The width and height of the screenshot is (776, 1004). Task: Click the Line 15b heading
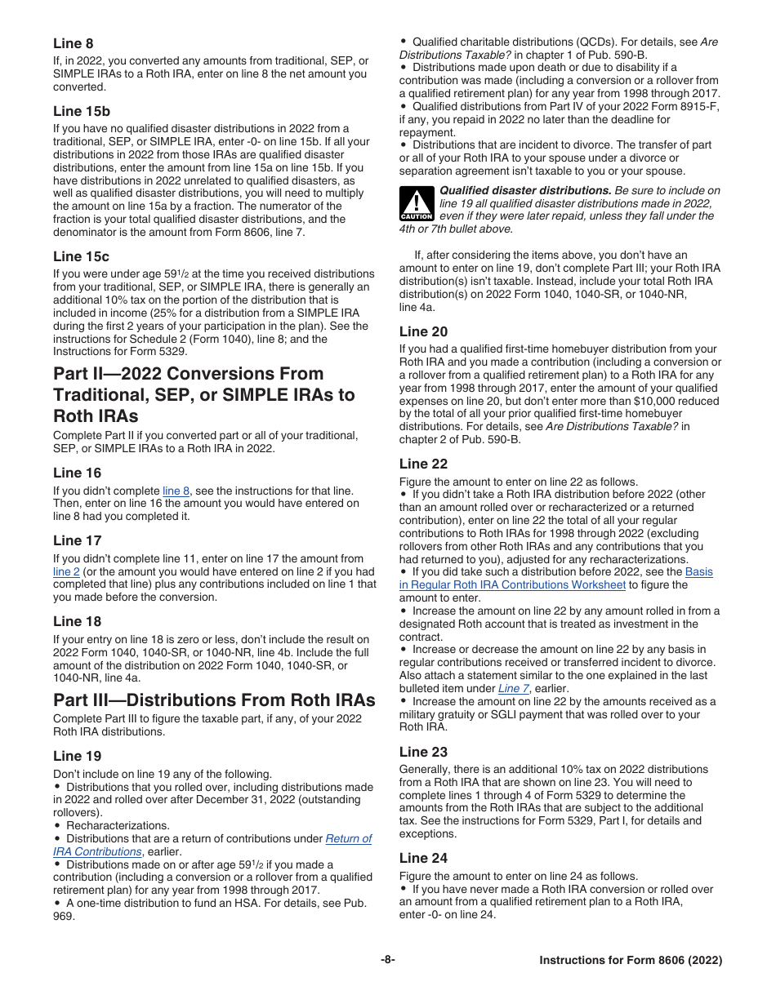click(x=82, y=111)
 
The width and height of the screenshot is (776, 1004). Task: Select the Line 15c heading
click(x=81, y=256)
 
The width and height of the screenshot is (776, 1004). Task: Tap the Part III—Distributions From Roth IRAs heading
click(x=214, y=700)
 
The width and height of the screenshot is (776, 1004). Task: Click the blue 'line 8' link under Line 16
click(x=176, y=491)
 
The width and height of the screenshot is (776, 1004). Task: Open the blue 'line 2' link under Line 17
click(x=66, y=571)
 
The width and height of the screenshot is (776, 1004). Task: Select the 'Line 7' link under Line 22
click(x=514, y=688)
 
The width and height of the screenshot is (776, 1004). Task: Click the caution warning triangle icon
click(x=416, y=204)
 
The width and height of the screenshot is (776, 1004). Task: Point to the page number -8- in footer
click(x=387, y=960)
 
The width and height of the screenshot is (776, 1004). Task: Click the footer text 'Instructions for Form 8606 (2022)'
click(x=630, y=961)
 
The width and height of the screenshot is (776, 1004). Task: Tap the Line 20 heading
click(x=423, y=331)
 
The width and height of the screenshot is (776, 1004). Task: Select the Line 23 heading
click(x=423, y=752)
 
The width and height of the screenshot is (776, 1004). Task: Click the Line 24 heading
click(x=423, y=858)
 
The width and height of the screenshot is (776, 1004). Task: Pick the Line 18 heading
click(x=78, y=622)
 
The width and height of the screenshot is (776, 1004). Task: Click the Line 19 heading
click(x=78, y=756)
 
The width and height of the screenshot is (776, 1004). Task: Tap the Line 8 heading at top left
click(x=74, y=43)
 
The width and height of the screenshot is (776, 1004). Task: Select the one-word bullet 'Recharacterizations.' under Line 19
click(x=118, y=825)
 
